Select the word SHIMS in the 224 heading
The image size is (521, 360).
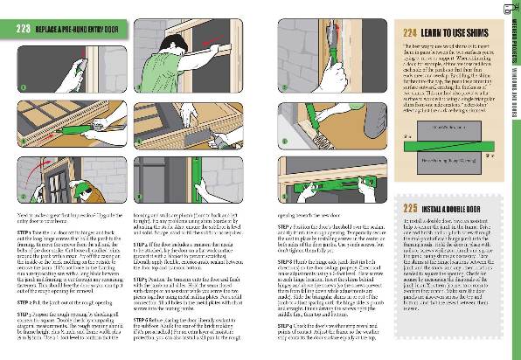(x=470, y=32)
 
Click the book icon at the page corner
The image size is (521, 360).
(x=510, y=10)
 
